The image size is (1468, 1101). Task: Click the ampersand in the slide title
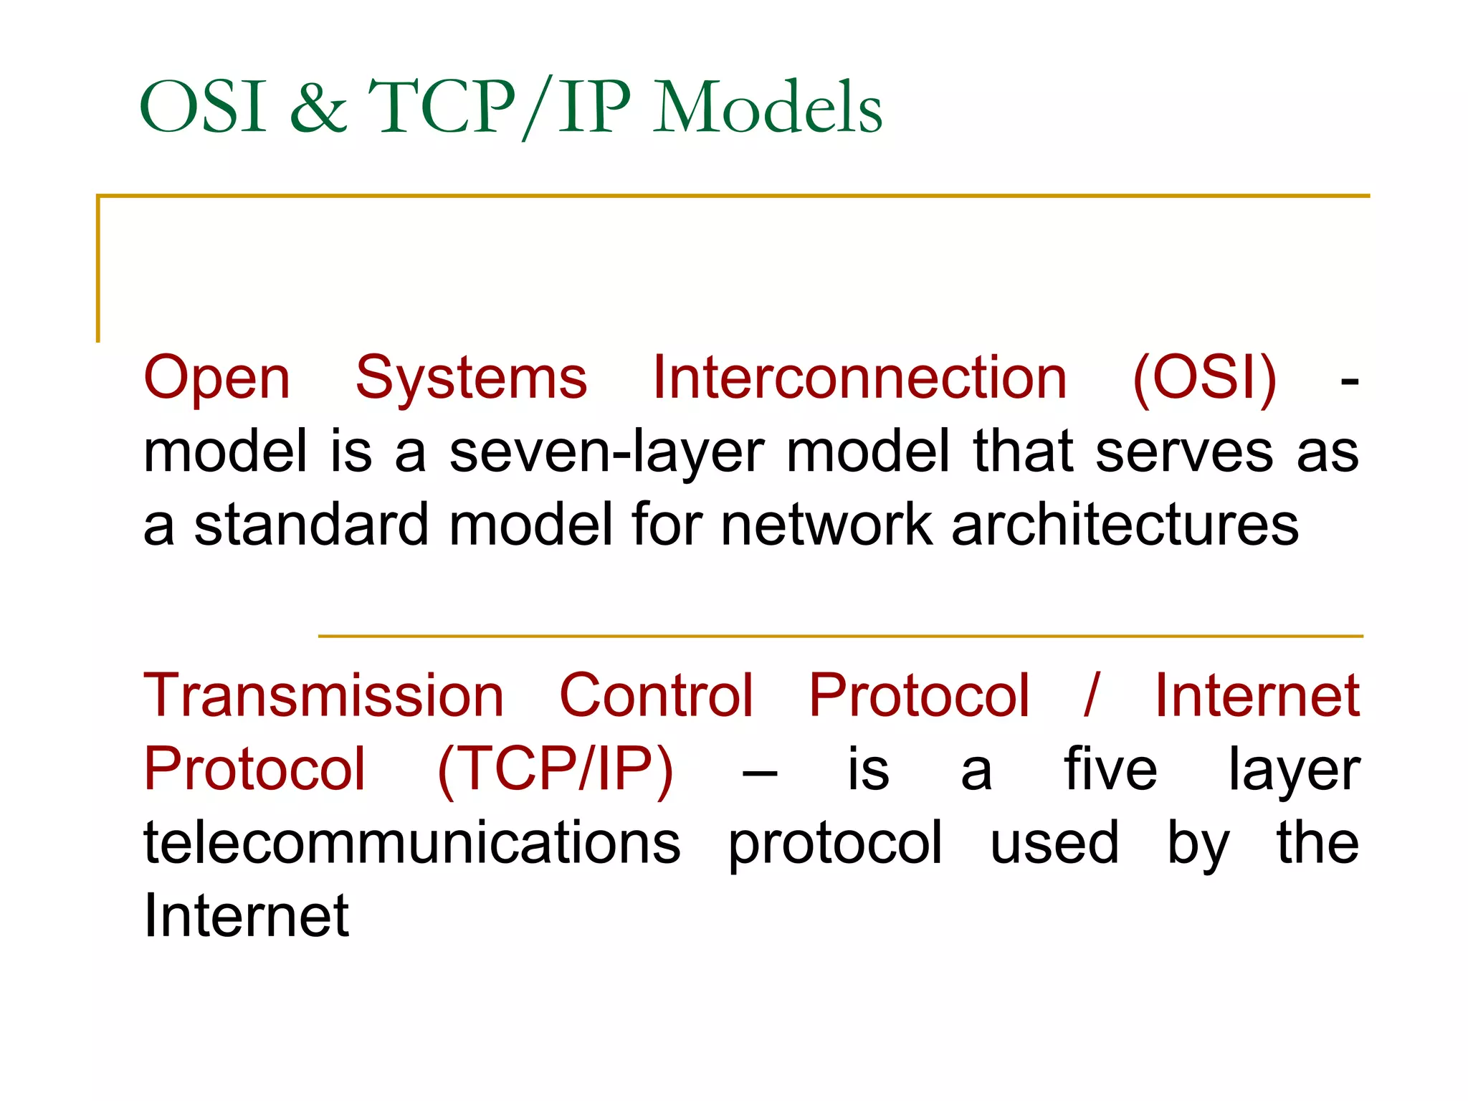(x=318, y=108)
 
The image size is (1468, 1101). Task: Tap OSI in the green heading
(x=204, y=108)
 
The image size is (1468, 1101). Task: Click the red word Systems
(x=471, y=378)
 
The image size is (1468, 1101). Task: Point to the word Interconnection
(x=859, y=378)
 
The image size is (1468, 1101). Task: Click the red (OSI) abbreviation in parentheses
(x=1204, y=378)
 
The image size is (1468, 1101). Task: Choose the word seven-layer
(x=606, y=453)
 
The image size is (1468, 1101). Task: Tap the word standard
(x=311, y=525)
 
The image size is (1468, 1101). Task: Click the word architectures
(x=1125, y=525)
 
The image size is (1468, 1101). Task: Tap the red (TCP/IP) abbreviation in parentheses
(x=556, y=770)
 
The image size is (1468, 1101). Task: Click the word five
(x=1110, y=770)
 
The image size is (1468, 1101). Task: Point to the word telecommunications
(x=411, y=843)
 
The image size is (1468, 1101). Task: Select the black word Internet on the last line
(x=246, y=916)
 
